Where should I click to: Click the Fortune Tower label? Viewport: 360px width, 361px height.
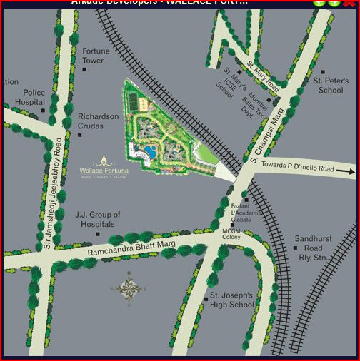[96, 56]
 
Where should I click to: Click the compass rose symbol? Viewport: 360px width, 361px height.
[129, 287]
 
